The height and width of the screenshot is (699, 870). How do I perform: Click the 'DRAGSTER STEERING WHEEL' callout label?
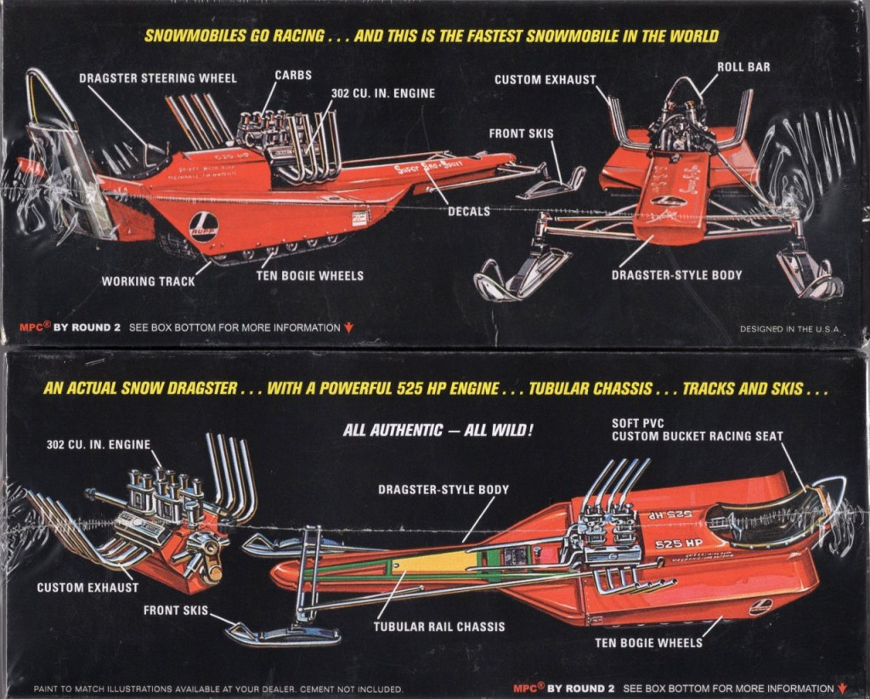(x=158, y=78)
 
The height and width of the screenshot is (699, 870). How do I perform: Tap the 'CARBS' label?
(x=293, y=76)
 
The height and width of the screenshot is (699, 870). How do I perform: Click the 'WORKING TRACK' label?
(x=149, y=281)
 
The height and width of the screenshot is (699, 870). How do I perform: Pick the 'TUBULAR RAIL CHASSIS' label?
(x=438, y=627)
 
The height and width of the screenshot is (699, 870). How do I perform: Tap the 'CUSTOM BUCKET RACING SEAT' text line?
(x=697, y=436)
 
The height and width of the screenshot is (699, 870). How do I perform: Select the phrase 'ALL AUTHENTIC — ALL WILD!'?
(x=438, y=430)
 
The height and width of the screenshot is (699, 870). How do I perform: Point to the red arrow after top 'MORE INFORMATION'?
(x=348, y=327)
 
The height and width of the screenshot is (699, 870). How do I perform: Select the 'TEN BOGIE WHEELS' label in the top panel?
(x=309, y=276)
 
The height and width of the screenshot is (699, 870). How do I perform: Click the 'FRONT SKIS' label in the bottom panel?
(x=175, y=610)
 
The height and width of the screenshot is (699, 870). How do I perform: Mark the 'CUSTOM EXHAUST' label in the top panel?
(x=545, y=79)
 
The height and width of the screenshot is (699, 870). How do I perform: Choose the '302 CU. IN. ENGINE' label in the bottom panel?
(x=99, y=444)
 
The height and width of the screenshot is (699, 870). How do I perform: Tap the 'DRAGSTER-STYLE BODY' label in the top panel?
(x=676, y=275)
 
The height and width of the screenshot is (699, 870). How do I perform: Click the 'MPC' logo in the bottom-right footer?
(x=528, y=687)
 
